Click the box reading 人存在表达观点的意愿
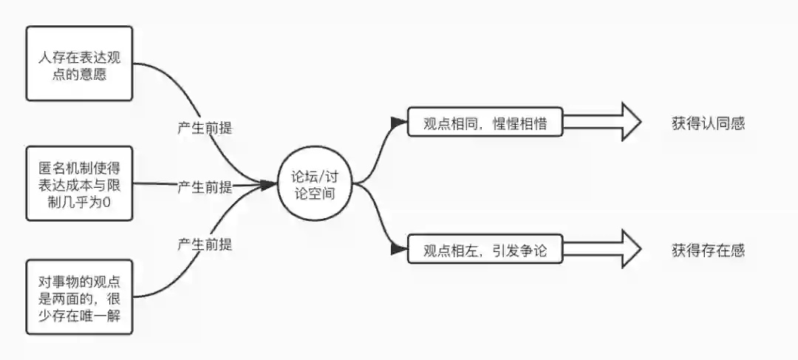79,64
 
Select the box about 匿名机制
79,183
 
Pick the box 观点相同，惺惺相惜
485,123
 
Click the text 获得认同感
708,123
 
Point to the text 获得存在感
708,250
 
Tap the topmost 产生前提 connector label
205,126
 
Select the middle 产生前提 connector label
205,186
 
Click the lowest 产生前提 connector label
205,243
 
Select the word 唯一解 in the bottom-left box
112,318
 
